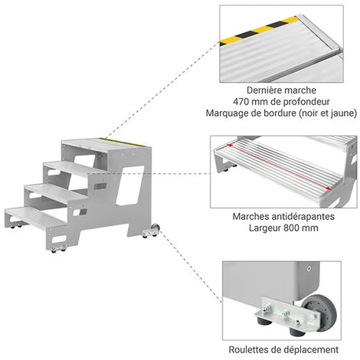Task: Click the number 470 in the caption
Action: click(241, 102)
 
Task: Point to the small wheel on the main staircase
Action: click(155, 227)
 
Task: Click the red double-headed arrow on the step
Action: click(279, 167)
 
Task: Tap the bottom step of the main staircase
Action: click(35, 217)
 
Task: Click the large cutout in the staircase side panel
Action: click(129, 185)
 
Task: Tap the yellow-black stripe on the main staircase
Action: click(123, 142)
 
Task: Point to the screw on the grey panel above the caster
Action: click(309, 268)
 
